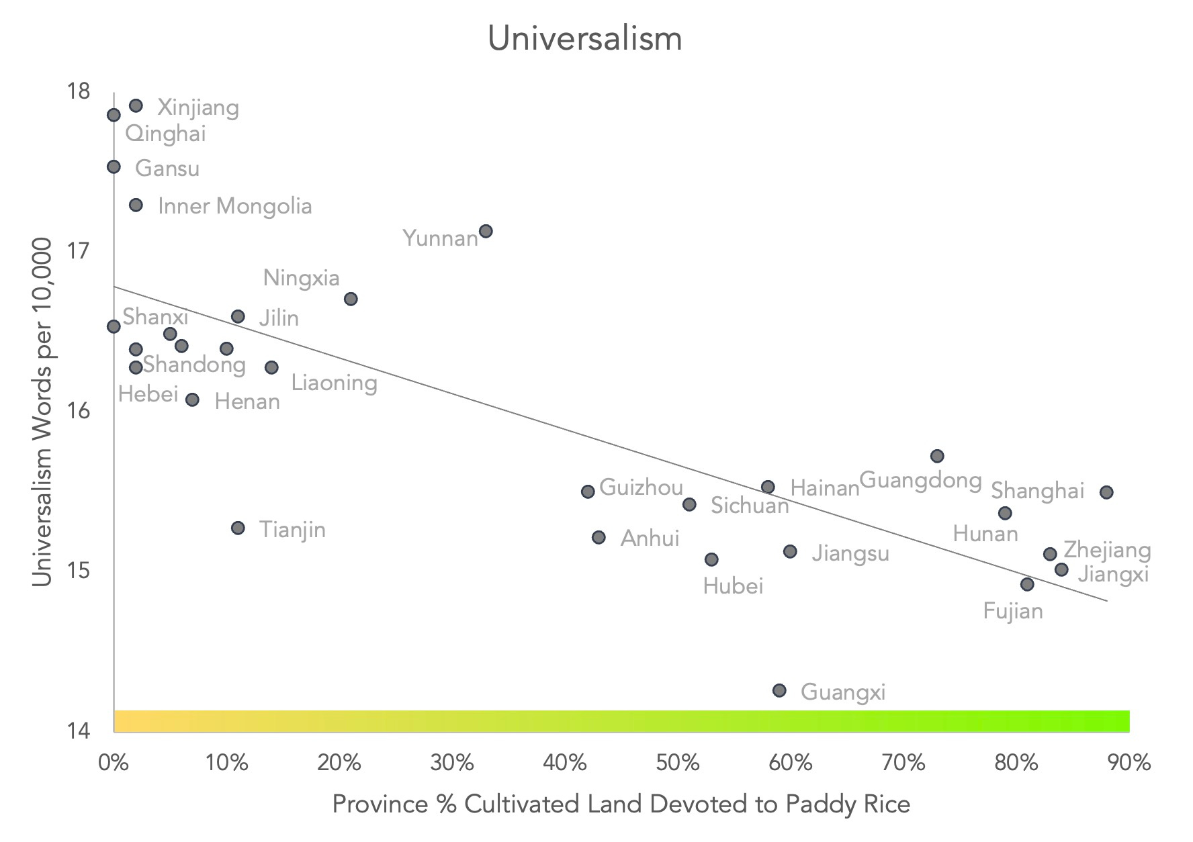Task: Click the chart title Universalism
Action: tap(584, 38)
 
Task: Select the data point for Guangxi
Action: tap(779, 690)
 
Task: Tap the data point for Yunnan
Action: tap(486, 231)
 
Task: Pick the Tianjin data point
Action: tap(238, 528)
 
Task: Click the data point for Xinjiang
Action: tap(136, 105)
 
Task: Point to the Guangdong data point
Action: tap(937, 456)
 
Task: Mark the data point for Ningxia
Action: tap(351, 299)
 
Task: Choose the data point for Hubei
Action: tap(711, 559)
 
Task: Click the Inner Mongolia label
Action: tap(235, 205)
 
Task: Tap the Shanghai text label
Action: tap(1038, 491)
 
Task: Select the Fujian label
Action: tap(1013, 611)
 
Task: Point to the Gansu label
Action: tap(167, 168)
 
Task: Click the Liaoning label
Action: tap(334, 383)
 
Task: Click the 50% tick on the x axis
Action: tap(678, 763)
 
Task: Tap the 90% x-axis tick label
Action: tap(1130, 763)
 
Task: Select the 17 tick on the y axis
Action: tap(79, 251)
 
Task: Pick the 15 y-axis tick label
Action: tap(79, 571)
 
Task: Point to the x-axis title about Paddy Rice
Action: tap(621, 804)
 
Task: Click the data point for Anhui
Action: tap(599, 537)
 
